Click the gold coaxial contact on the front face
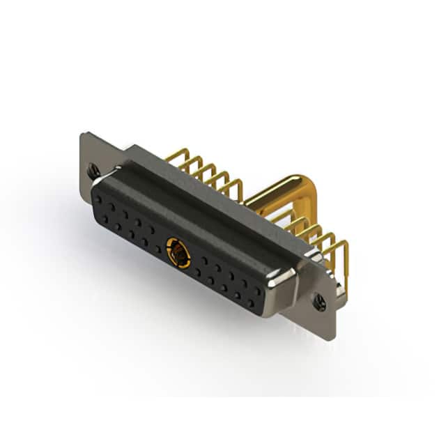[178, 252]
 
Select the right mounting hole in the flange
[320, 302]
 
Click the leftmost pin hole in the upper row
[99, 199]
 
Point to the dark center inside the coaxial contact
[179, 254]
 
